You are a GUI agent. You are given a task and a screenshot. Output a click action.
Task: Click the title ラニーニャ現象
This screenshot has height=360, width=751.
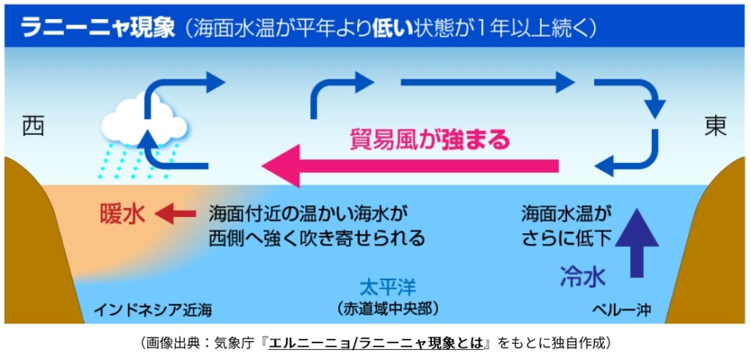point(97,29)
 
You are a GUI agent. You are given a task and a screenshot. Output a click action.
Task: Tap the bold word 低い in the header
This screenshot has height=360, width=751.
point(389,29)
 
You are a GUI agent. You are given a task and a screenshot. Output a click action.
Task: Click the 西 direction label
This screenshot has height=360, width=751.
point(33,126)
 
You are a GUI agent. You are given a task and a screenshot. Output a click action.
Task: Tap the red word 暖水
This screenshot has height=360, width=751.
point(122,214)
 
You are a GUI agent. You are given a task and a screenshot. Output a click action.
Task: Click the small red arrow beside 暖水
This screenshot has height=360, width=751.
point(177,214)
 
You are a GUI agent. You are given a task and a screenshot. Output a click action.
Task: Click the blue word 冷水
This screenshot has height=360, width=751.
point(583,276)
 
